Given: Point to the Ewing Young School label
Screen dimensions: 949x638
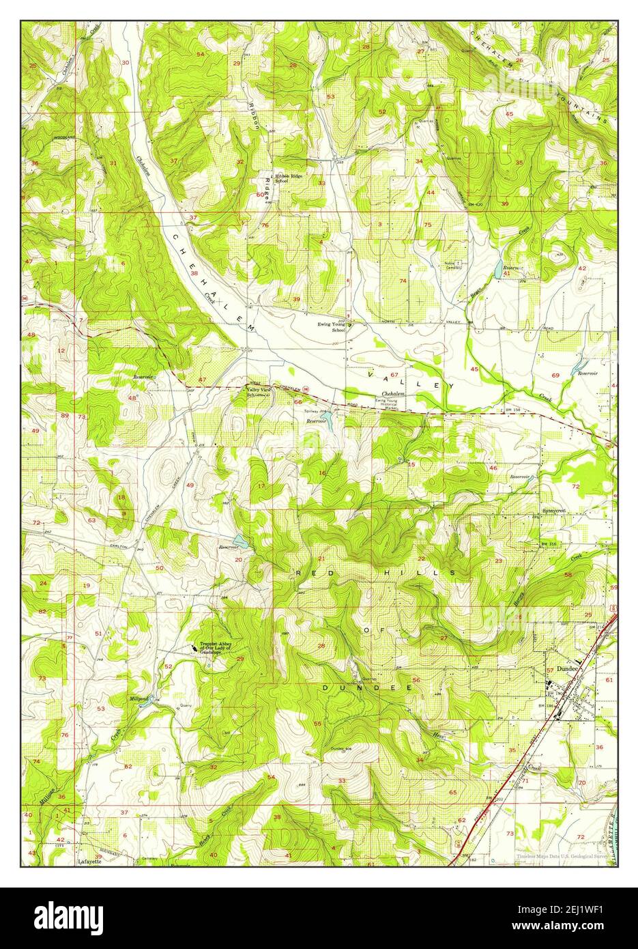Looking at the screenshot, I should tap(332, 327).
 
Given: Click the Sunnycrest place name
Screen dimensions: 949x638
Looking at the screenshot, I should tap(554, 510).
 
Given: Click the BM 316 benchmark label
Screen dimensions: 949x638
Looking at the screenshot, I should tap(540, 544).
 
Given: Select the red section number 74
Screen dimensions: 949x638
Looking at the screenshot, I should tap(403, 281).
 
